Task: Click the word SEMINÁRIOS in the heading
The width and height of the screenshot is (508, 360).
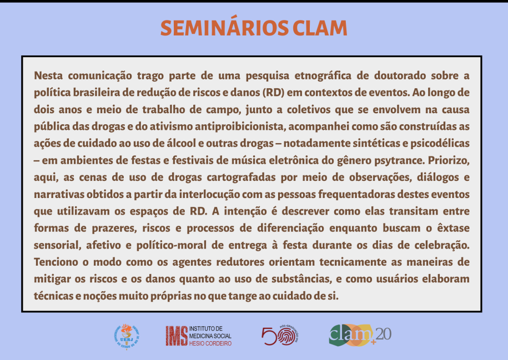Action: (224, 28)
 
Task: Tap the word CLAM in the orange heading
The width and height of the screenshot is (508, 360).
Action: (320, 28)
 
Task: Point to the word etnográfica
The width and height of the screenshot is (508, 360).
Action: (323, 76)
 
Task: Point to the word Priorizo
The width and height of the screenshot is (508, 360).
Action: (449, 160)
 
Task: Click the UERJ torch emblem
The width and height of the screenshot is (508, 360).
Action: (127, 337)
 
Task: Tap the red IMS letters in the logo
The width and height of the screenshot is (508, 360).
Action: (177, 336)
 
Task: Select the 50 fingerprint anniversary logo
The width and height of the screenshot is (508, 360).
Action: (280, 336)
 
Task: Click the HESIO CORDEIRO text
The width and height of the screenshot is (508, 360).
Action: (210, 343)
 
